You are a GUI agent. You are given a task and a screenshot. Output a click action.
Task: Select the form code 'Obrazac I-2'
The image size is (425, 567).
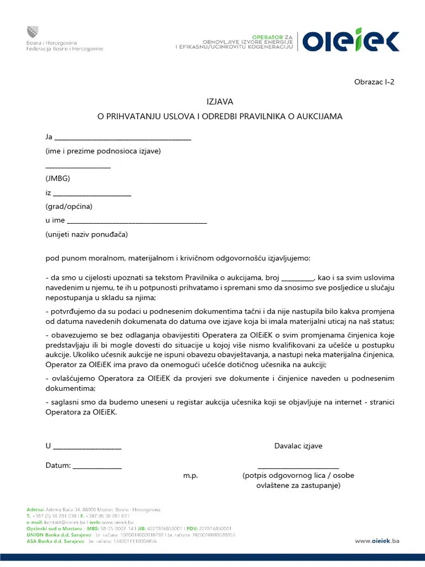coord(374,82)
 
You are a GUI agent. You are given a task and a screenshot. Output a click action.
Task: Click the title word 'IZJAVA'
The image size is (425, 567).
coord(220,102)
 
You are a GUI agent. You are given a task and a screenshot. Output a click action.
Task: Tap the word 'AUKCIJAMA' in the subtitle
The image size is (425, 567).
coord(319,117)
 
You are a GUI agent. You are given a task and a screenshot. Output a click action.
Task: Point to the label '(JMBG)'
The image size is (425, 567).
coord(58,178)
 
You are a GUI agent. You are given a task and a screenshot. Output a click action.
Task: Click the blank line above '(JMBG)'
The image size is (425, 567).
coord(78,167)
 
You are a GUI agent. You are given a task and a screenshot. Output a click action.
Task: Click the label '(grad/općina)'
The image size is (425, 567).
coord(69,207)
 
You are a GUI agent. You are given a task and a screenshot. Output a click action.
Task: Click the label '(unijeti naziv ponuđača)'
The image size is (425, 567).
coord(86,234)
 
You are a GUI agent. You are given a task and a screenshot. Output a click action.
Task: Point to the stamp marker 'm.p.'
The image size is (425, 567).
coord(190,476)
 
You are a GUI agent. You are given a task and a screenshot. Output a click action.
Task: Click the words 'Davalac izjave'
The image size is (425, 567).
coord(298,446)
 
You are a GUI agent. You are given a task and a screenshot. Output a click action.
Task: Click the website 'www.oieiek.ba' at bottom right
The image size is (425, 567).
coord(377,541)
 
